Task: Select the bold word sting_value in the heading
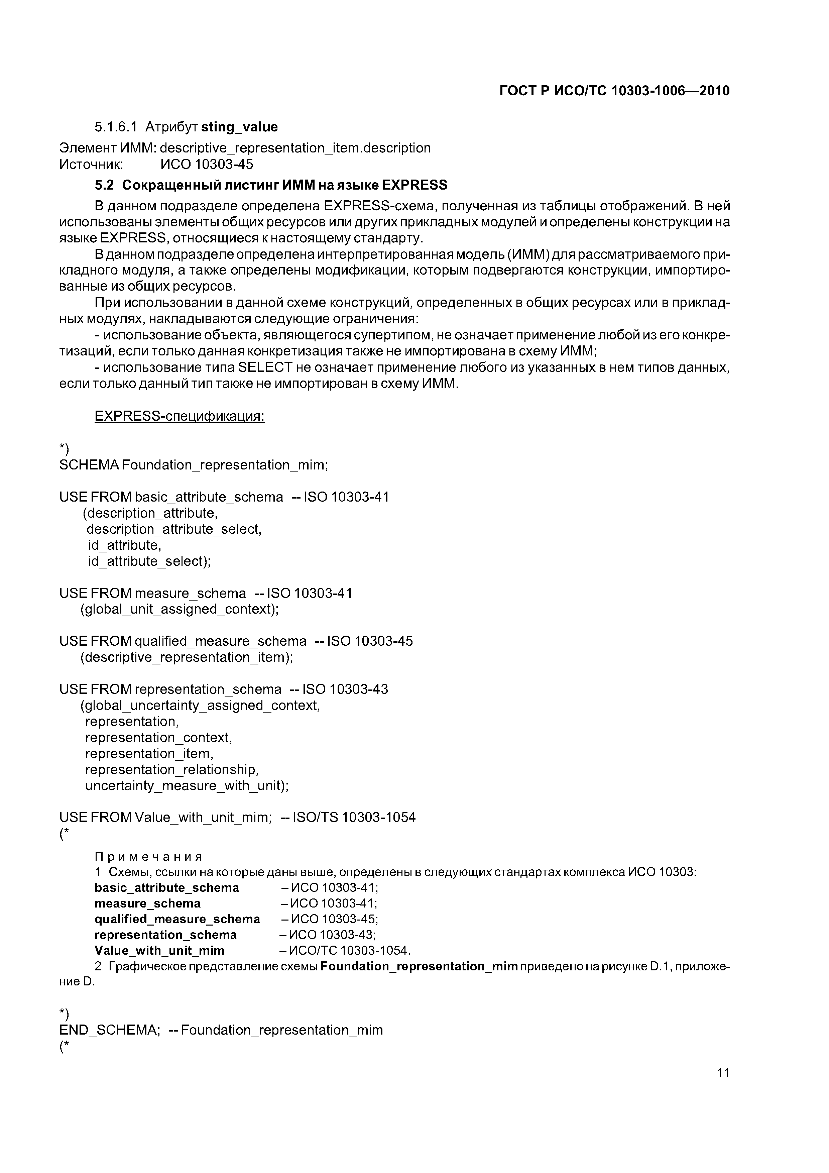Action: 240,127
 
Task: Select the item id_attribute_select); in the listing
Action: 149,561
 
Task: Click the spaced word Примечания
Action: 149,857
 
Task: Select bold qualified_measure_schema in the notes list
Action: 177,919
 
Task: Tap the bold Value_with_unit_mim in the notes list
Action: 159,950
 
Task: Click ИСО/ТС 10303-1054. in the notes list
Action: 350,950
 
